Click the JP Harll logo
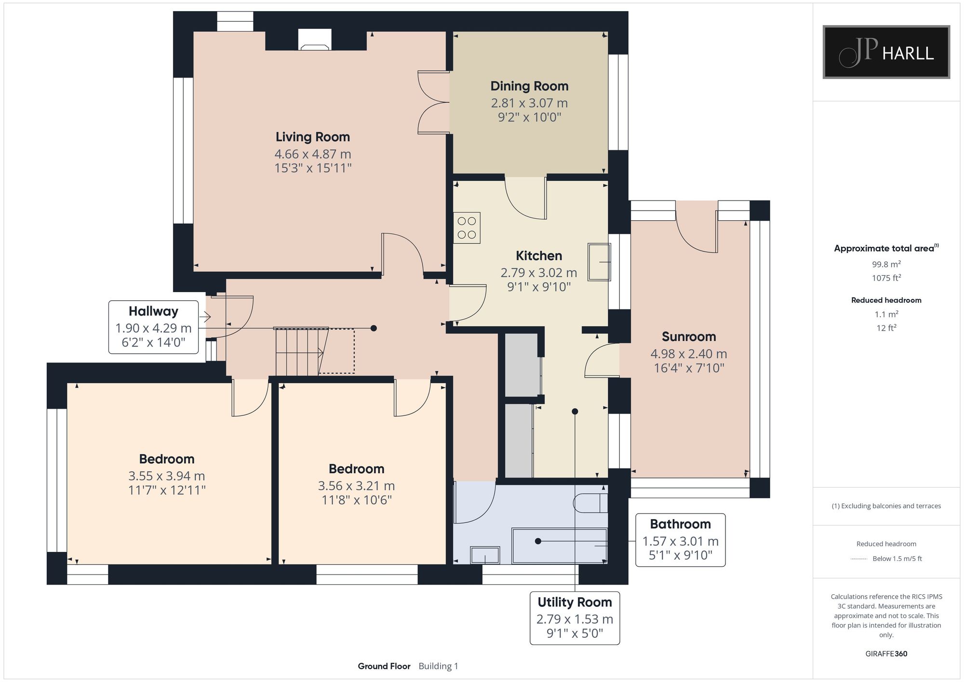(886, 52)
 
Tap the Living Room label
(313, 137)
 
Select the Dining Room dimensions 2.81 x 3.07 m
(529, 103)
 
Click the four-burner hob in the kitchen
(467, 228)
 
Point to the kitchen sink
(599, 262)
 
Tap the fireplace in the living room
(315, 40)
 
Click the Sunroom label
(689, 336)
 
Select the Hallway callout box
(153, 327)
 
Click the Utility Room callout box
(575, 618)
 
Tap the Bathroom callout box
(680, 540)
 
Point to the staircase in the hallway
(314, 351)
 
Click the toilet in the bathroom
(590, 503)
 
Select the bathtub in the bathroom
(559, 546)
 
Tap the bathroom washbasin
(485, 555)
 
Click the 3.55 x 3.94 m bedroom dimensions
(167, 476)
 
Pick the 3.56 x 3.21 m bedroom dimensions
(356, 486)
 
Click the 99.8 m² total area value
(886, 264)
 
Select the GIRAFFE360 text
(886, 654)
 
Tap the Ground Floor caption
(384, 666)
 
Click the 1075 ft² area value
(886, 278)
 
